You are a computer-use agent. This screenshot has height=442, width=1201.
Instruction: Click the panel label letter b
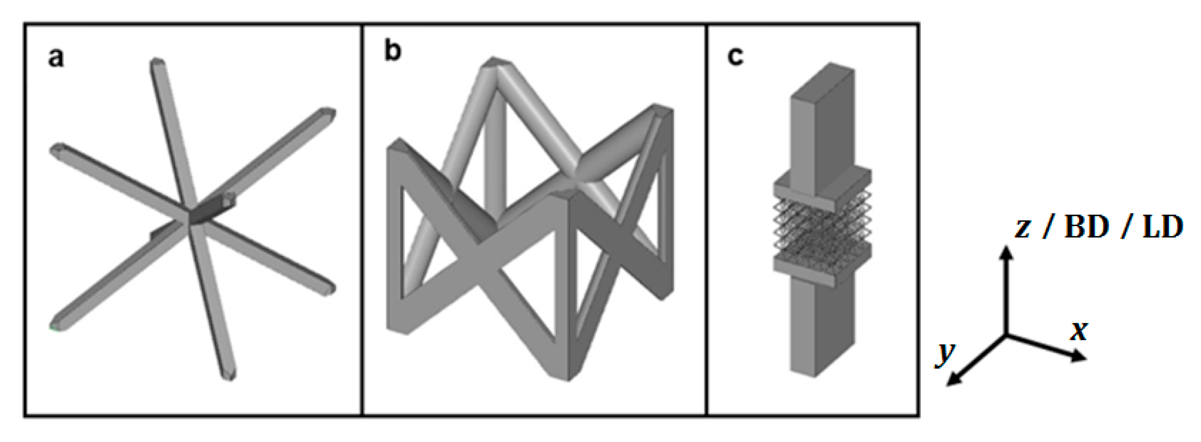[x=392, y=51]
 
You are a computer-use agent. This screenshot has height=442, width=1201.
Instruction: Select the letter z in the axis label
[x=1023, y=228]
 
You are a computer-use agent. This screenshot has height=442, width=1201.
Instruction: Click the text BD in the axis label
[x=1087, y=227]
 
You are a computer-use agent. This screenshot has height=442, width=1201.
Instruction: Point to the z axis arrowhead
[x=1007, y=252]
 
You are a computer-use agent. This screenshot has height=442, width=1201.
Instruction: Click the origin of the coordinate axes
[x=1007, y=335]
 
